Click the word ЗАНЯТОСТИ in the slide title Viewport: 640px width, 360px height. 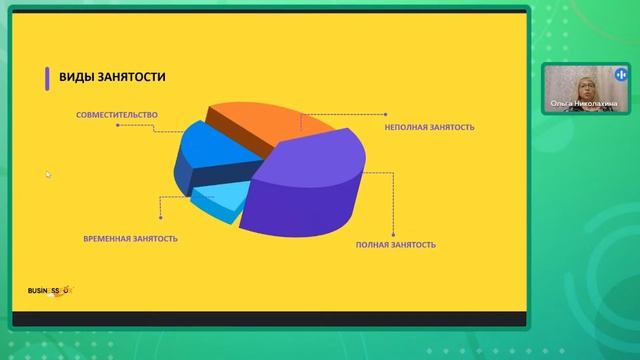(132, 78)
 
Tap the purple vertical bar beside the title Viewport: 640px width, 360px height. (46, 78)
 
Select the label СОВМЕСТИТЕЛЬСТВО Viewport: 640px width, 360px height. (116, 115)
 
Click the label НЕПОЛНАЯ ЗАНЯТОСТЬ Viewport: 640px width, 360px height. (429, 128)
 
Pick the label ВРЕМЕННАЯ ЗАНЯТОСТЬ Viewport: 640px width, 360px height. (131, 239)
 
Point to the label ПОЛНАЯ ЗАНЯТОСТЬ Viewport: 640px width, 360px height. (396, 244)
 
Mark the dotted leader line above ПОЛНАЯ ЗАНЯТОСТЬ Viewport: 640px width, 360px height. (390, 205)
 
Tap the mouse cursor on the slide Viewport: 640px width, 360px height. (48, 174)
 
